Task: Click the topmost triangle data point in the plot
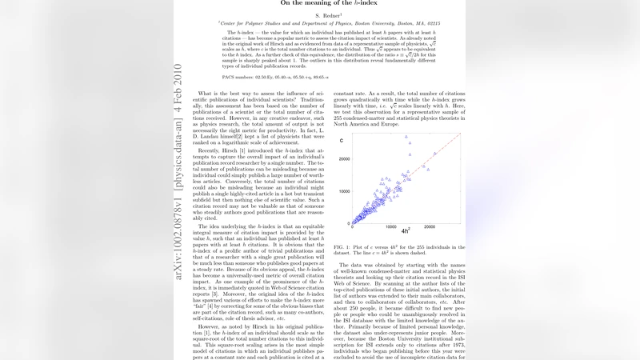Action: tap(407, 137)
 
